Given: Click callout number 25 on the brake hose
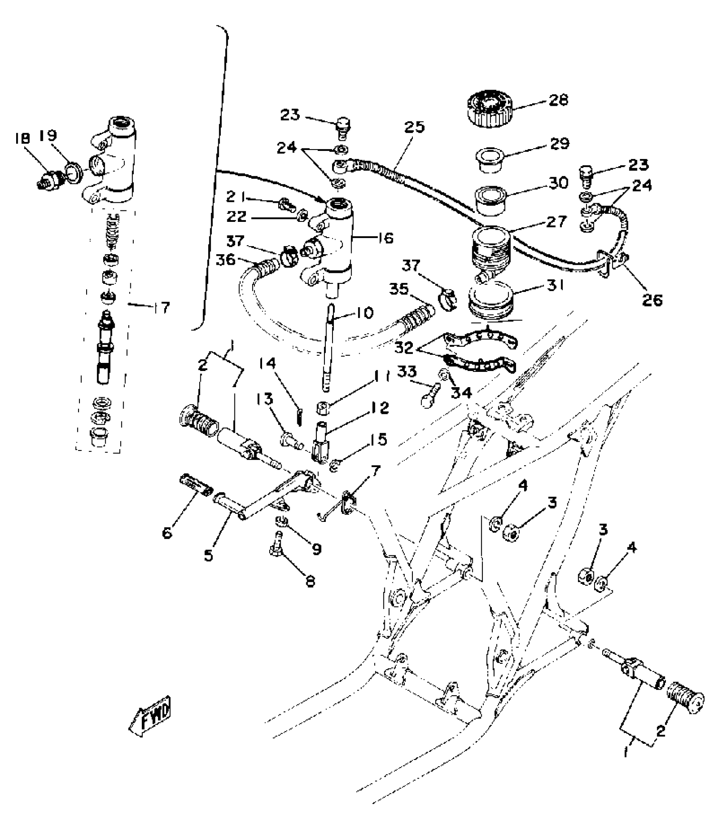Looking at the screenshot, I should [x=415, y=127].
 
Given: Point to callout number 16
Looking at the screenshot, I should [x=384, y=238].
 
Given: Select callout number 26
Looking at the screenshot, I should [x=652, y=300].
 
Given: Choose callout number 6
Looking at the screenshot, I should [x=168, y=533].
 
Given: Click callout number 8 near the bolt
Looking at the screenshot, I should [x=310, y=581].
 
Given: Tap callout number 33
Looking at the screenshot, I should [x=407, y=372].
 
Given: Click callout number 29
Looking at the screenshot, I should [x=560, y=144].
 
